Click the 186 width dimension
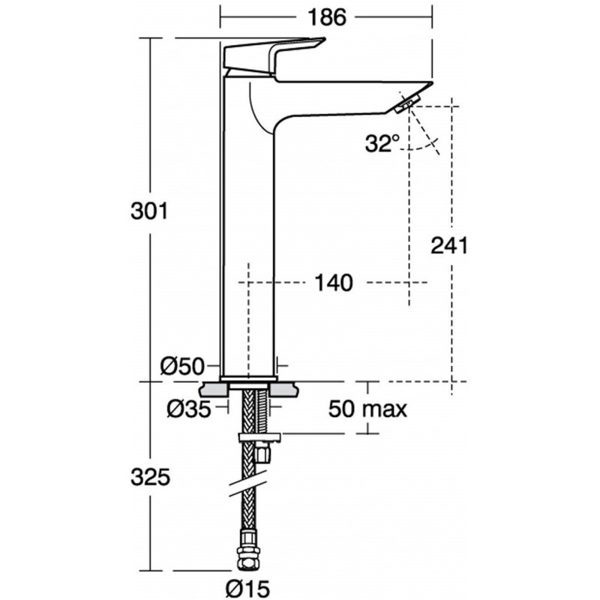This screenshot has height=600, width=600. coord(326,17)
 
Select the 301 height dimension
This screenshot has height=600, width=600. coord(149,211)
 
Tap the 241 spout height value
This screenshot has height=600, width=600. coord(449,246)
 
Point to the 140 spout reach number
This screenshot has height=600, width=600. coord(333,283)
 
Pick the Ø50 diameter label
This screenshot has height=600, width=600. coord(182,367)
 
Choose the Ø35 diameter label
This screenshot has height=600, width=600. coord(189,409)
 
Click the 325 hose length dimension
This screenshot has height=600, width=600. coord(150,477)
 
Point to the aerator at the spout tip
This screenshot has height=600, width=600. coord(406,104)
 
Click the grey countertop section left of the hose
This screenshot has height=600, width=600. coord(214,390)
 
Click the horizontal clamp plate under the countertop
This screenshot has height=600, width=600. coord(259,438)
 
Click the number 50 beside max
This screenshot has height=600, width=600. coord(341,409)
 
